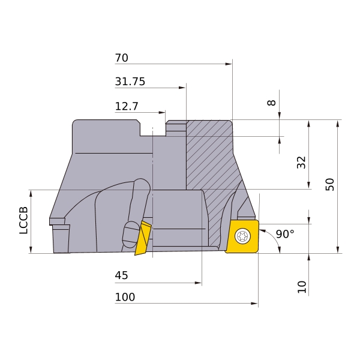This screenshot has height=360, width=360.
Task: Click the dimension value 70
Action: (x=121, y=58)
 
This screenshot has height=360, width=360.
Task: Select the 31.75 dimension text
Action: (x=130, y=82)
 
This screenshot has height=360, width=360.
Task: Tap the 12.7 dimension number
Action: (x=127, y=106)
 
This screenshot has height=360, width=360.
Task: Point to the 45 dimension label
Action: (x=121, y=275)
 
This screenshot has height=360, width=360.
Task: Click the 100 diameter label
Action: (x=125, y=297)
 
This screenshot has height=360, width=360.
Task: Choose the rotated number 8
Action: (x=272, y=103)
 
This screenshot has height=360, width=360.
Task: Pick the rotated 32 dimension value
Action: (x=301, y=163)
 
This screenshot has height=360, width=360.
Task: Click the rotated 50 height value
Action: (x=330, y=184)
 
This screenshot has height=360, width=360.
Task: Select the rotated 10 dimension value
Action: (x=302, y=287)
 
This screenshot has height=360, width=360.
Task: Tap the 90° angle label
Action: (x=285, y=234)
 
